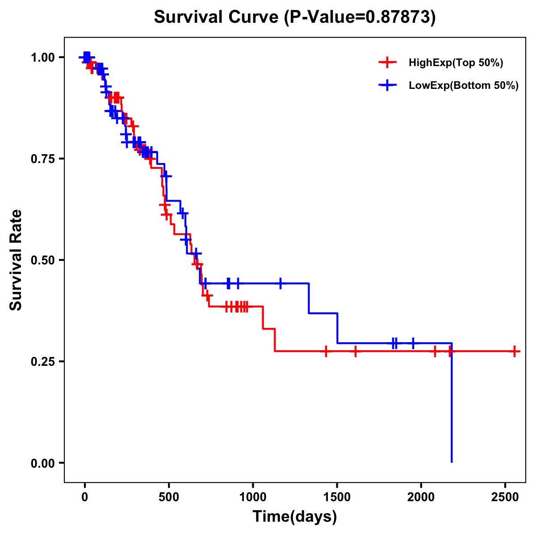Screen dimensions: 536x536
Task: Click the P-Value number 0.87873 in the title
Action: [x=398, y=17]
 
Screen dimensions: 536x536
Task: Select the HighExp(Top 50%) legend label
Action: [x=456, y=63]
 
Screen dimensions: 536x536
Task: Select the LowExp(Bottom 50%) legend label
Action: [x=464, y=86]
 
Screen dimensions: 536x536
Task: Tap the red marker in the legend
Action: [x=388, y=63]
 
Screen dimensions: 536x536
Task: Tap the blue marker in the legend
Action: [x=388, y=86]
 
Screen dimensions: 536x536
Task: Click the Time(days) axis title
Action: [x=295, y=517]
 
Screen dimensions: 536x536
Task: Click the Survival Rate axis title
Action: [x=16, y=260]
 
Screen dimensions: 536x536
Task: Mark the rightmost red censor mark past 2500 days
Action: [x=515, y=352]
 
